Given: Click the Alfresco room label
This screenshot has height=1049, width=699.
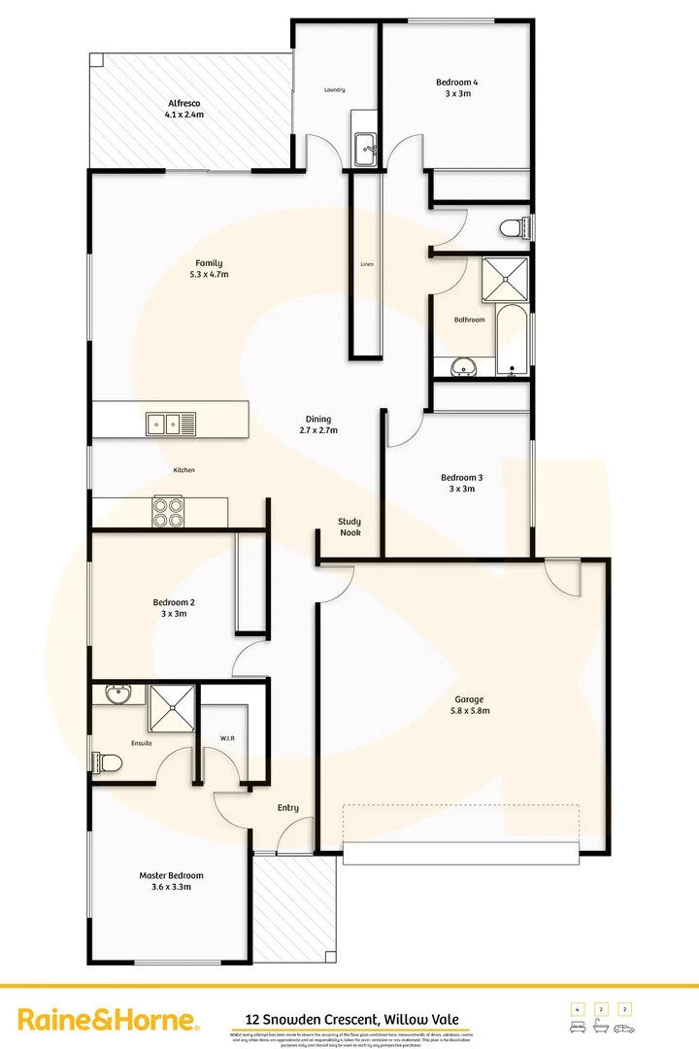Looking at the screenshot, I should (x=184, y=108).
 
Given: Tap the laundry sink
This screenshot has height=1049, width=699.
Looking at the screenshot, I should (x=366, y=149).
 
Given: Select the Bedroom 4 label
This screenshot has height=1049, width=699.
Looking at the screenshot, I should (x=456, y=88).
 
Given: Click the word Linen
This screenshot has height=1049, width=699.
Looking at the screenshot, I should (x=367, y=264).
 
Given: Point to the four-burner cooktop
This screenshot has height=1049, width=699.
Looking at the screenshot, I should (x=168, y=511).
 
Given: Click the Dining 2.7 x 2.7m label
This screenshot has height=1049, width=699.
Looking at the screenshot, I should (x=318, y=424).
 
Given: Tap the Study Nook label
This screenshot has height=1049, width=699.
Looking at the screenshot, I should (x=349, y=526).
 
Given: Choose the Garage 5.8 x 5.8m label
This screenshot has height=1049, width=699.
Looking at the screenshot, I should (x=470, y=704).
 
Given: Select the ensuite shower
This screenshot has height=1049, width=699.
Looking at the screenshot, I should (x=171, y=707).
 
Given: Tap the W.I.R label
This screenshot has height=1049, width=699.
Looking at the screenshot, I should (x=228, y=739).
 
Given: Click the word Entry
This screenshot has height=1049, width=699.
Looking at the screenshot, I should (x=288, y=807).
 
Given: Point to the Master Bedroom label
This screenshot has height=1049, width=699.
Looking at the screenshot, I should (x=171, y=881).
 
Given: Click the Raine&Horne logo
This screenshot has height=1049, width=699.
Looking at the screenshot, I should (x=110, y=1020).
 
